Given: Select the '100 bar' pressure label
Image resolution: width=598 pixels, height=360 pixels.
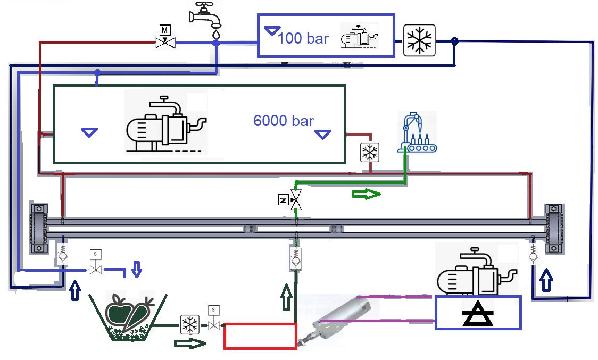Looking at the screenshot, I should click(x=303, y=38).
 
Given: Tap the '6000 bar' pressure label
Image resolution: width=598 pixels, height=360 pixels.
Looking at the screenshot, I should click(x=283, y=121).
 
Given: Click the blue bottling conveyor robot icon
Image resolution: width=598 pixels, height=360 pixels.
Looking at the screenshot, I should click(x=417, y=132).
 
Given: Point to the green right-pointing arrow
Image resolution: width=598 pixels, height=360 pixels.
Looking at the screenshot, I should click(x=366, y=194).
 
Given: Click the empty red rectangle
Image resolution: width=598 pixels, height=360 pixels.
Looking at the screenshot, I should click(x=260, y=336).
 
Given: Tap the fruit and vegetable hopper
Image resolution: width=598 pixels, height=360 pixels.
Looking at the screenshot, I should click(x=128, y=316).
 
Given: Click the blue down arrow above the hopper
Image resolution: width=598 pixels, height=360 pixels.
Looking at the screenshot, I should click(x=136, y=269).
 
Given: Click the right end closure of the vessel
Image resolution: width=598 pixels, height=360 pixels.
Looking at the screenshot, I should click(x=553, y=229).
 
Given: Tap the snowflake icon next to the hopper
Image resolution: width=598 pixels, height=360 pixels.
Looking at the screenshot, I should click(x=188, y=324).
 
